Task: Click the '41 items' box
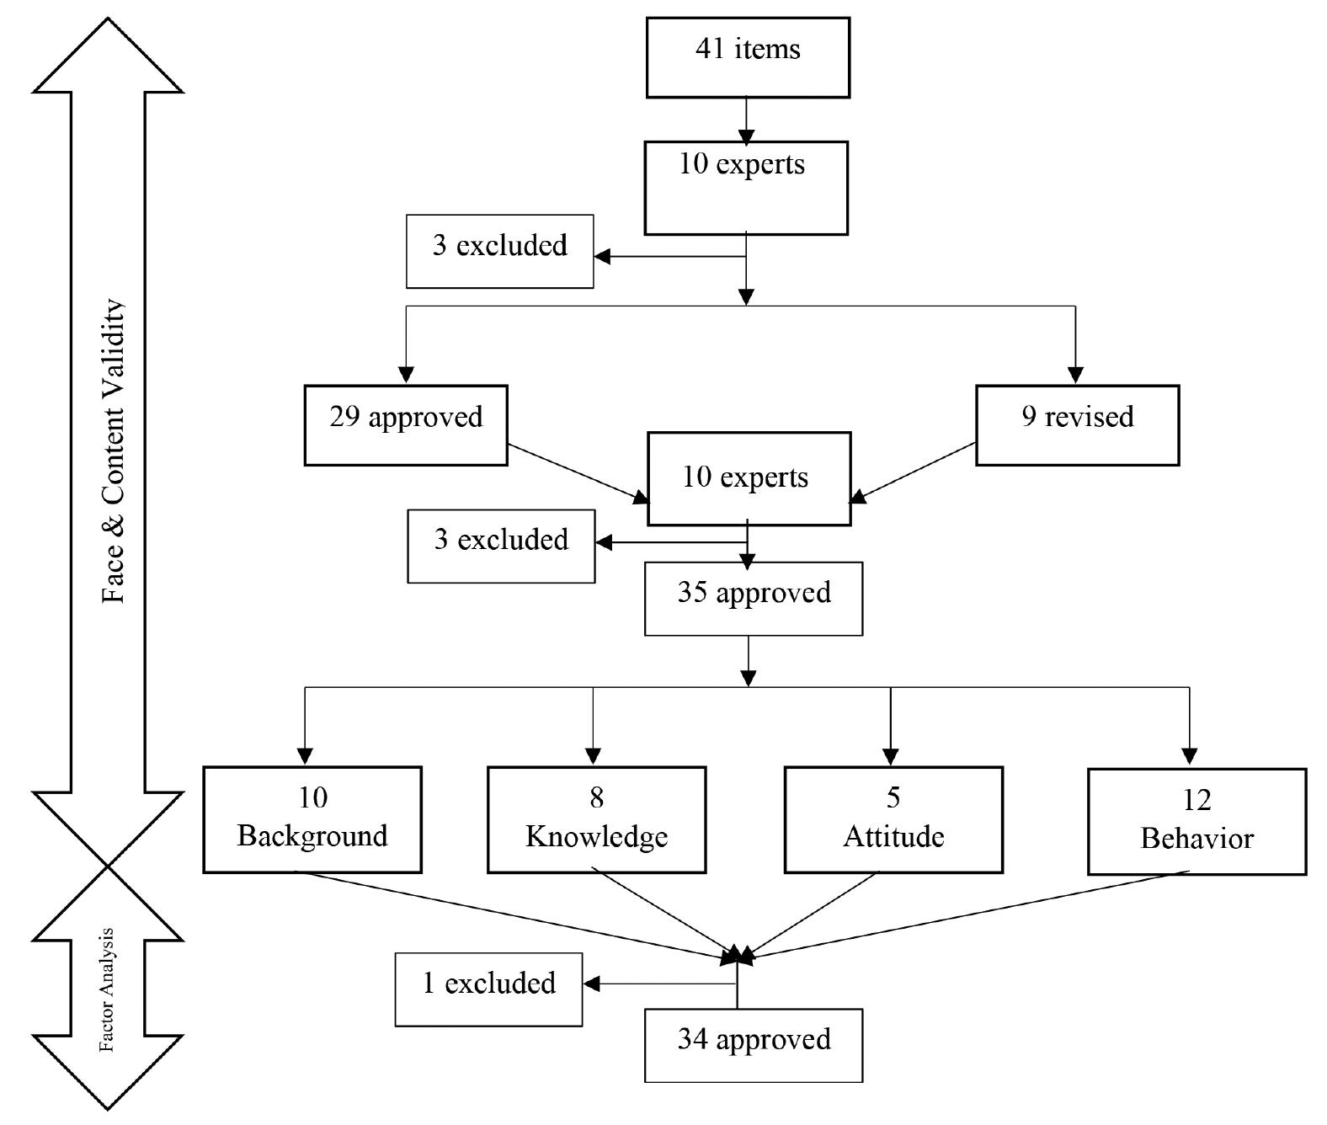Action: (748, 57)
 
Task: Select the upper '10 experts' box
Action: (746, 187)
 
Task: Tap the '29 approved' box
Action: (406, 424)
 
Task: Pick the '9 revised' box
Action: (1077, 424)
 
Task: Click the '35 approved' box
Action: (754, 598)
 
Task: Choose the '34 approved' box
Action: (754, 1044)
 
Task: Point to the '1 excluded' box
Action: (488, 989)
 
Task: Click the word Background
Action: (312, 836)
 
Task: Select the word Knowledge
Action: (596, 836)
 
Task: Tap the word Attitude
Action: (893, 836)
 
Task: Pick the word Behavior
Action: (1196, 839)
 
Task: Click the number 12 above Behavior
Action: (1196, 799)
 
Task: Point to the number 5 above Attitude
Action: (893, 797)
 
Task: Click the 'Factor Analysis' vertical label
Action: (107, 990)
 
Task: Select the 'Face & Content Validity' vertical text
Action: (113, 451)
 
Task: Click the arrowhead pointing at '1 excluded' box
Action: (591, 984)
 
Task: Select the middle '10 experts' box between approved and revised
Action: (749, 478)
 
